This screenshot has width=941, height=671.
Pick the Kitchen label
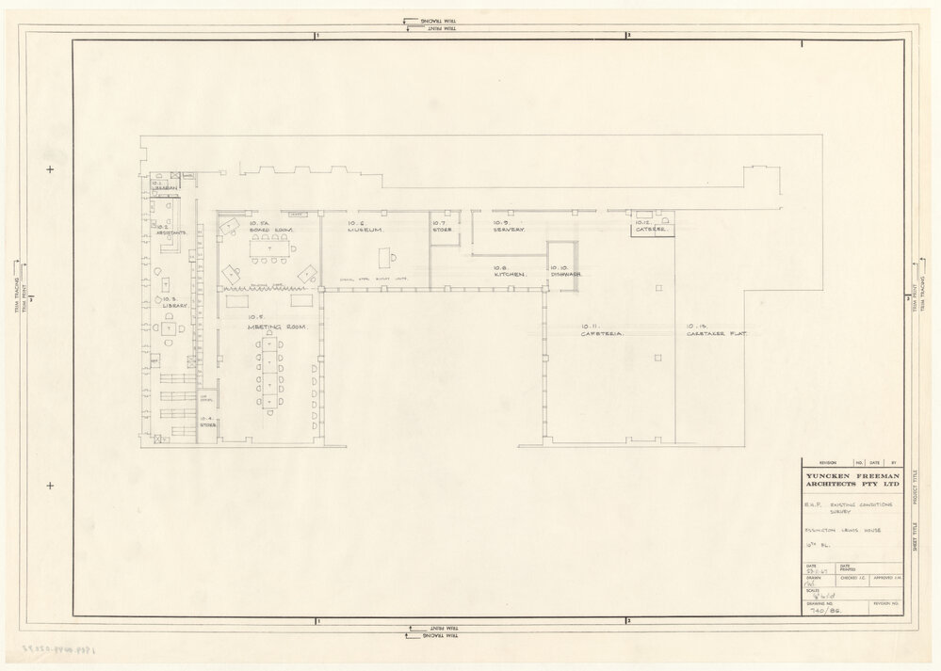[510, 271]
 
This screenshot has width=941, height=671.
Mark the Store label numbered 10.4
[207, 423]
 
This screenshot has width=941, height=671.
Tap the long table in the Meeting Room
[271, 374]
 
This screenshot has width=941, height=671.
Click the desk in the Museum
[386, 257]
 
